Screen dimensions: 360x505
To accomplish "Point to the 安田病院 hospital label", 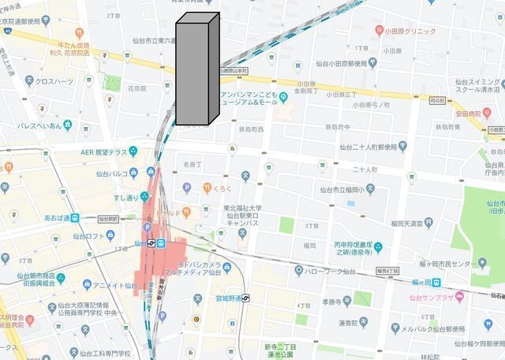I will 468,113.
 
